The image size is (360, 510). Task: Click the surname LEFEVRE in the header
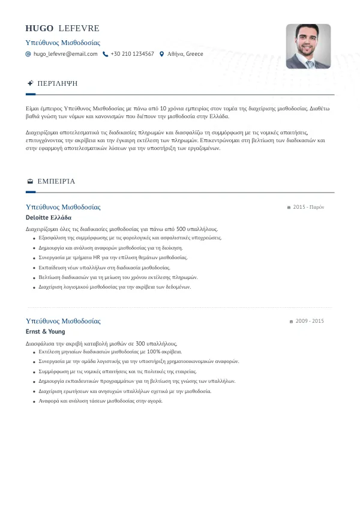pos(79,29)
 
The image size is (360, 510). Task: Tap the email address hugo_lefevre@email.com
pos(65,54)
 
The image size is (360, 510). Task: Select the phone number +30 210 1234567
pos(132,54)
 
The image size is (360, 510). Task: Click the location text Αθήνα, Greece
pos(185,54)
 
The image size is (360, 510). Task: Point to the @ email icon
pos(28,54)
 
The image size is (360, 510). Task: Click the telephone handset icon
pos(106,54)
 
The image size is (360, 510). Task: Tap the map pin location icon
pos(161,54)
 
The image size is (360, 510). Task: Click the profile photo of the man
pos(308,46)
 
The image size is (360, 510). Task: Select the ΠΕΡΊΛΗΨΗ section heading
pos(58,83)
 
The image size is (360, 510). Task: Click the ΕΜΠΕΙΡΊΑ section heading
pos(56,181)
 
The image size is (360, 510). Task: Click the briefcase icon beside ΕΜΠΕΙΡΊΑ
pos(30,181)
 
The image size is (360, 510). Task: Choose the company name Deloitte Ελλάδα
pos(49,218)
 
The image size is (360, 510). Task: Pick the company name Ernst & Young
pos(46,332)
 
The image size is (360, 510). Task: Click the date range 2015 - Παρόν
pos(308,207)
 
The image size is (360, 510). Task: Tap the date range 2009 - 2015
pos(308,321)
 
